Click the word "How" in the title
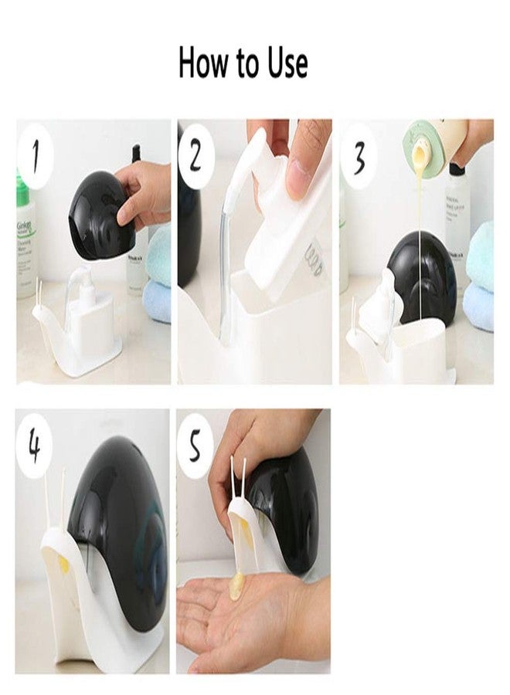202,63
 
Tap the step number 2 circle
196,158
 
